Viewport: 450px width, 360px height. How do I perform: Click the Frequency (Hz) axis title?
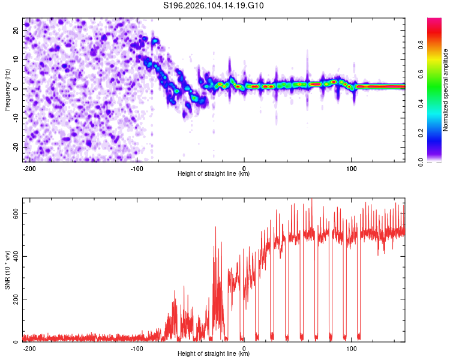[7, 89]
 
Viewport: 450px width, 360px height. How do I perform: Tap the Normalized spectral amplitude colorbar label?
[445, 91]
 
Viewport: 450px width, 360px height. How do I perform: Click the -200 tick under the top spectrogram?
[29, 167]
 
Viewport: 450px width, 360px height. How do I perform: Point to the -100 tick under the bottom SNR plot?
[137, 347]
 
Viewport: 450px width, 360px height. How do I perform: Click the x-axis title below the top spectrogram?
[214, 174]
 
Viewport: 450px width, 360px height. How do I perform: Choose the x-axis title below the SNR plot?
[214, 354]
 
